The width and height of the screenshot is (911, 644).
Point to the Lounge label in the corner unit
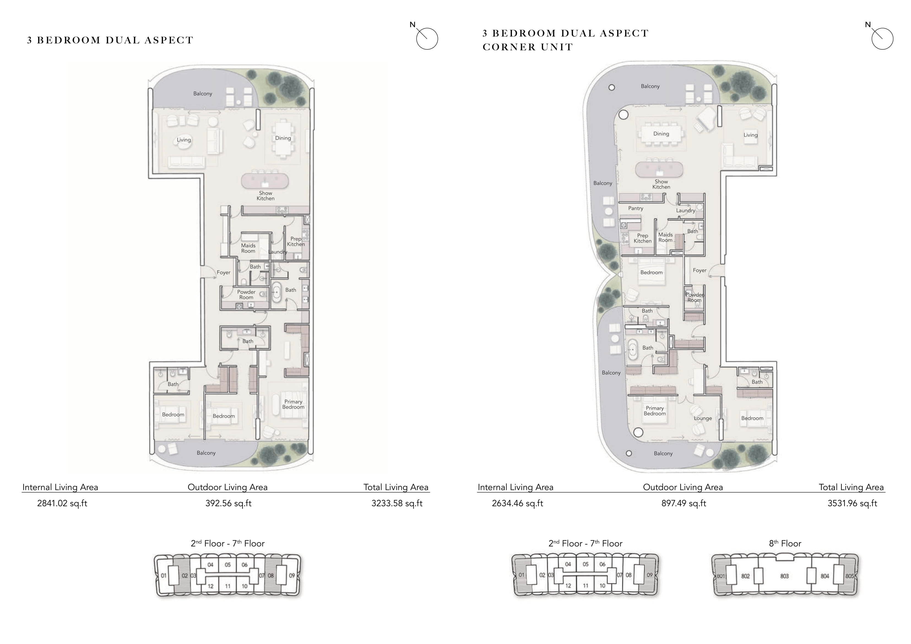(703, 418)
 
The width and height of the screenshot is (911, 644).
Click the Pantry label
(636, 208)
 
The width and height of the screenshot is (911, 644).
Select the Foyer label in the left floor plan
(223, 273)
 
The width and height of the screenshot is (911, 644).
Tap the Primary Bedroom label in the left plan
(293, 404)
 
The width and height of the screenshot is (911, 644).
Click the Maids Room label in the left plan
(248, 248)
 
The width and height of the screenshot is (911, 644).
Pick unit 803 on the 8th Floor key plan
(784, 576)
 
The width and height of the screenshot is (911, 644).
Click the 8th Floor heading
(785, 543)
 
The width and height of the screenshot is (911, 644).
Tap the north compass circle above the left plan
(427, 39)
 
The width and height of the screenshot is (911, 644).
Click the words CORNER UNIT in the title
(528, 47)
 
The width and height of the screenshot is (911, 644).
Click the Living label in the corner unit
(750, 135)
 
